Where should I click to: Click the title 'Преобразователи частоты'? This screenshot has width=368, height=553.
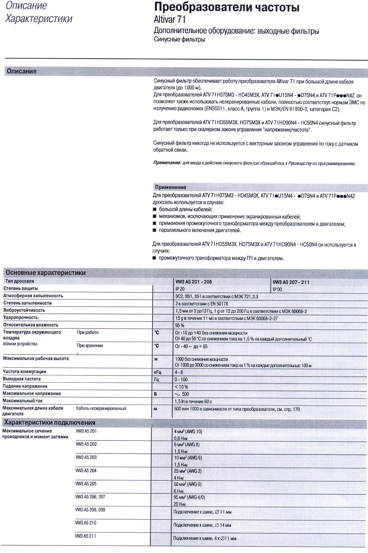pos(226,7)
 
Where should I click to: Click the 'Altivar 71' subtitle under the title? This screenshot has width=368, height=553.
pos(170,19)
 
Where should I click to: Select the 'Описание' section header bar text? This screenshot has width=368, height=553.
pos(22,71)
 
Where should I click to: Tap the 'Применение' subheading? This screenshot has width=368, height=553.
pos(170,187)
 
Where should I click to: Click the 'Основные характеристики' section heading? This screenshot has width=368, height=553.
pos(45,273)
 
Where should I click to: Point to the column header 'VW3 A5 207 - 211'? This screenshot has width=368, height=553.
pos(291,282)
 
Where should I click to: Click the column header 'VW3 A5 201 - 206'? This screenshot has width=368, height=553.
pos(193,282)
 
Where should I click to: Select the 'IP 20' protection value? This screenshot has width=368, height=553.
pos(180,289)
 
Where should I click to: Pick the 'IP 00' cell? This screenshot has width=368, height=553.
pos(277,289)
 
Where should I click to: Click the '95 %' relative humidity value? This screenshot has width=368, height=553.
pos(180,325)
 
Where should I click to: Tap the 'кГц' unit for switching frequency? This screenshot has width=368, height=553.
pos(157,372)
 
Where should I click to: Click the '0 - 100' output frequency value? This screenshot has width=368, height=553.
pos(181,379)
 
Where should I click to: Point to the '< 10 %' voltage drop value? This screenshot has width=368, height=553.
pos(181,387)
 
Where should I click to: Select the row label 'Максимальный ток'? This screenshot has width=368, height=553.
pos(22,401)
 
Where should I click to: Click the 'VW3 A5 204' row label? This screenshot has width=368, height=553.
pos(86,470)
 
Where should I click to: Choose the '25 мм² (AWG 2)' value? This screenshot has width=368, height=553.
pos(188,471)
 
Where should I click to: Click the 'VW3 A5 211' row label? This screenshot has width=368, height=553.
pos(85,536)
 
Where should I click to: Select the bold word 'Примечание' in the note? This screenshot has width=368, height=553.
pos(167,163)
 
